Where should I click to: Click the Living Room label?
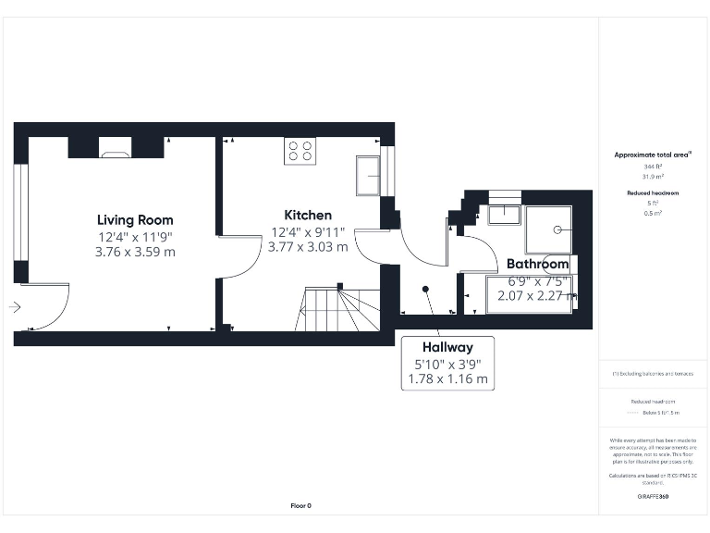135,220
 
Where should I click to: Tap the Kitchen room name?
308,216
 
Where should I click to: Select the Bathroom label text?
537,265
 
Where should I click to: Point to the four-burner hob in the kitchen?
299,150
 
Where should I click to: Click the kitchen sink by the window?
367,176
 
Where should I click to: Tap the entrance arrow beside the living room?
15,307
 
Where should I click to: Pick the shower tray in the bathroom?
548,229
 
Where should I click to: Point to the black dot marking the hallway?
426,289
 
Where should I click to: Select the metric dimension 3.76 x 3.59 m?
135,252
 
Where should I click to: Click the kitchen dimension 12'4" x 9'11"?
308,232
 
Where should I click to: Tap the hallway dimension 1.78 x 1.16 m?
447,378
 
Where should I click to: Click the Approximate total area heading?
653,155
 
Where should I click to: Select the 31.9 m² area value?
653,177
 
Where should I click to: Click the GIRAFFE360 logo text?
653,497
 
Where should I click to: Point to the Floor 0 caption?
301,505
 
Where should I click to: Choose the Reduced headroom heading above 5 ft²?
653,192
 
